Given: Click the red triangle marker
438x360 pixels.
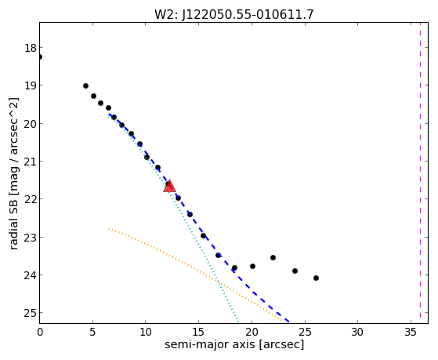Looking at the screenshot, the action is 169,186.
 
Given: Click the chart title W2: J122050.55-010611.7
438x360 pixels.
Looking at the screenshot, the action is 234,14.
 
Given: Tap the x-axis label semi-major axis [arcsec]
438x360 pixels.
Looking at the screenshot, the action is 234,344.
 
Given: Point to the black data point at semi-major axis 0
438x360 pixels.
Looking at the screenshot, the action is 40,56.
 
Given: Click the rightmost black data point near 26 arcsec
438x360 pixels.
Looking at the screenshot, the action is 316,278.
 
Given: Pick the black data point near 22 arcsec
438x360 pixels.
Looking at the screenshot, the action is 273,257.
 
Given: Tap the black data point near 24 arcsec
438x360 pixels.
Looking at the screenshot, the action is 295,271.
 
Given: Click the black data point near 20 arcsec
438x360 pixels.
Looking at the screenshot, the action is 252,266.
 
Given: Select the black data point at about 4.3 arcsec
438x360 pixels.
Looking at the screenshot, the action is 85,85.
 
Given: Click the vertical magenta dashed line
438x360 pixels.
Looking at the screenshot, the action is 420,173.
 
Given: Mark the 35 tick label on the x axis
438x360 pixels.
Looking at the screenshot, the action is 411,332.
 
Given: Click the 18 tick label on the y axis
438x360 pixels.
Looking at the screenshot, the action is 31,48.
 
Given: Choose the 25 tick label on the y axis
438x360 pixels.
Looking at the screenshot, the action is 31,313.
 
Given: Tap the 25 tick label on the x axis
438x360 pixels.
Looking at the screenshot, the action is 305,332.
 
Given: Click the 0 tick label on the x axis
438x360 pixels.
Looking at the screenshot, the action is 40,332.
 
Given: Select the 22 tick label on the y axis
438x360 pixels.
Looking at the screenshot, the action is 31,199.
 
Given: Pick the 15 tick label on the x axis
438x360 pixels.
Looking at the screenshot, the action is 198,332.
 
